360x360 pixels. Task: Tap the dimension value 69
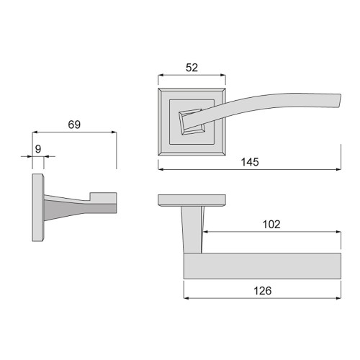pyautogui.click(x=74, y=124)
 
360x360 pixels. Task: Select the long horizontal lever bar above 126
pyautogui.click(x=262, y=266)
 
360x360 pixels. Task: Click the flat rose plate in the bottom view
pyautogui.click(x=192, y=199)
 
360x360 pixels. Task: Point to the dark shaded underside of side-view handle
pyautogui.click(x=79, y=209)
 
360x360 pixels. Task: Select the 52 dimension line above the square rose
pyautogui.click(x=192, y=75)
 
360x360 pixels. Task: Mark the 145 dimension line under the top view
pyautogui.click(x=249, y=170)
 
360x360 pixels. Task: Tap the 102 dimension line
pyautogui.click(x=271, y=232)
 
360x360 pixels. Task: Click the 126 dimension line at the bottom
pyautogui.click(x=263, y=300)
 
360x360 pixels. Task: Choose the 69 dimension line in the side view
pyautogui.click(x=74, y=132)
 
